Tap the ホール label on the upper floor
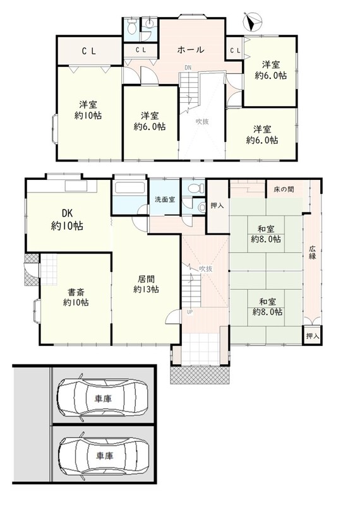click(191, 50)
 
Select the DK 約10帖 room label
click(67, 220)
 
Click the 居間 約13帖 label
click(146, 284)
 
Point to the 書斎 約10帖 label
click(76, 297)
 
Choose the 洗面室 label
click(165, 199)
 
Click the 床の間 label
click(284, 189)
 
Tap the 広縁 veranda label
click(312, 252)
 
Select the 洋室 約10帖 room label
click(88, 110)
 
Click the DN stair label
click(188, 68)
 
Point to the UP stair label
click(189, 312)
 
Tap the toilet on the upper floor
click(131, 27)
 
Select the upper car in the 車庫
click(103, 398)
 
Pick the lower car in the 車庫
click(104, 455)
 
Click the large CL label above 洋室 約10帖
click(88, 51)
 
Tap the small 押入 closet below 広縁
click(312, 336)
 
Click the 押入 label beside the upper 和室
click(217, 205)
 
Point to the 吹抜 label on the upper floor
click(202, 122)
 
